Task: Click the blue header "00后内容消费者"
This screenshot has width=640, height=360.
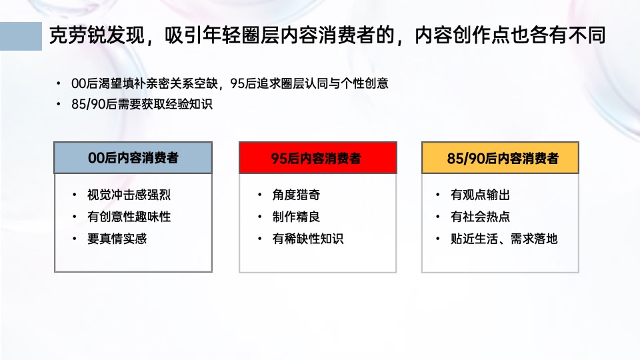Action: pos(133,158)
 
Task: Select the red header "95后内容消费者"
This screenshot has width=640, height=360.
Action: pos(317,158)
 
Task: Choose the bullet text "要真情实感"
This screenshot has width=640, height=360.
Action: pos(117,239)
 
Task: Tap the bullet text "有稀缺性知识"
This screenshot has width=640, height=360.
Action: pos(308,239)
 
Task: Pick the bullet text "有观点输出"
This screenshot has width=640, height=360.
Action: pos(481,195)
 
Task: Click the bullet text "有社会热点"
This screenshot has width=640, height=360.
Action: pos(481,217)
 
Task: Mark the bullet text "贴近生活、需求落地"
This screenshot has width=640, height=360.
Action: pos(504,239)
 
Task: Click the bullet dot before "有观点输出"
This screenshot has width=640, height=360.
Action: pos(437,195)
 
